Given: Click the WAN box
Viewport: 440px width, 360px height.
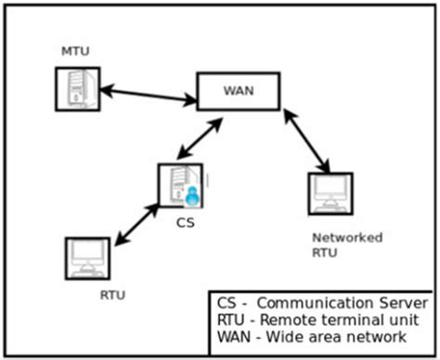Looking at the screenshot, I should coord(239,91).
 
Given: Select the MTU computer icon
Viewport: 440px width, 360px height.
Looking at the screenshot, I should coord(77,89).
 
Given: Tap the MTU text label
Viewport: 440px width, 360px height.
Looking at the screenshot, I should coord(73,49).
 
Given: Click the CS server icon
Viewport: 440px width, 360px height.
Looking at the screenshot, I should coord(179,185).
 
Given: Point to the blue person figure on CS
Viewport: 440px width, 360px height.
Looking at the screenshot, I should coord(193,194).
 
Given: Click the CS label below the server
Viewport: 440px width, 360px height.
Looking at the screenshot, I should coord(185,223).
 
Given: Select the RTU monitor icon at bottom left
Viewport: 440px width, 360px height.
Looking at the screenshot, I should coord(87,258).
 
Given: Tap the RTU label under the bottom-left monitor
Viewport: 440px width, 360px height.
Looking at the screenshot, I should coord(111,296).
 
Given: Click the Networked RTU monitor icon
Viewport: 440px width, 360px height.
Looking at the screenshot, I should coord(330,194).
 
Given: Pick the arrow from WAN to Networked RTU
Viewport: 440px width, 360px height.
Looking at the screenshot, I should coord(308,141).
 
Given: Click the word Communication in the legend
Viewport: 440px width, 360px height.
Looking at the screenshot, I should coord(316,304).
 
